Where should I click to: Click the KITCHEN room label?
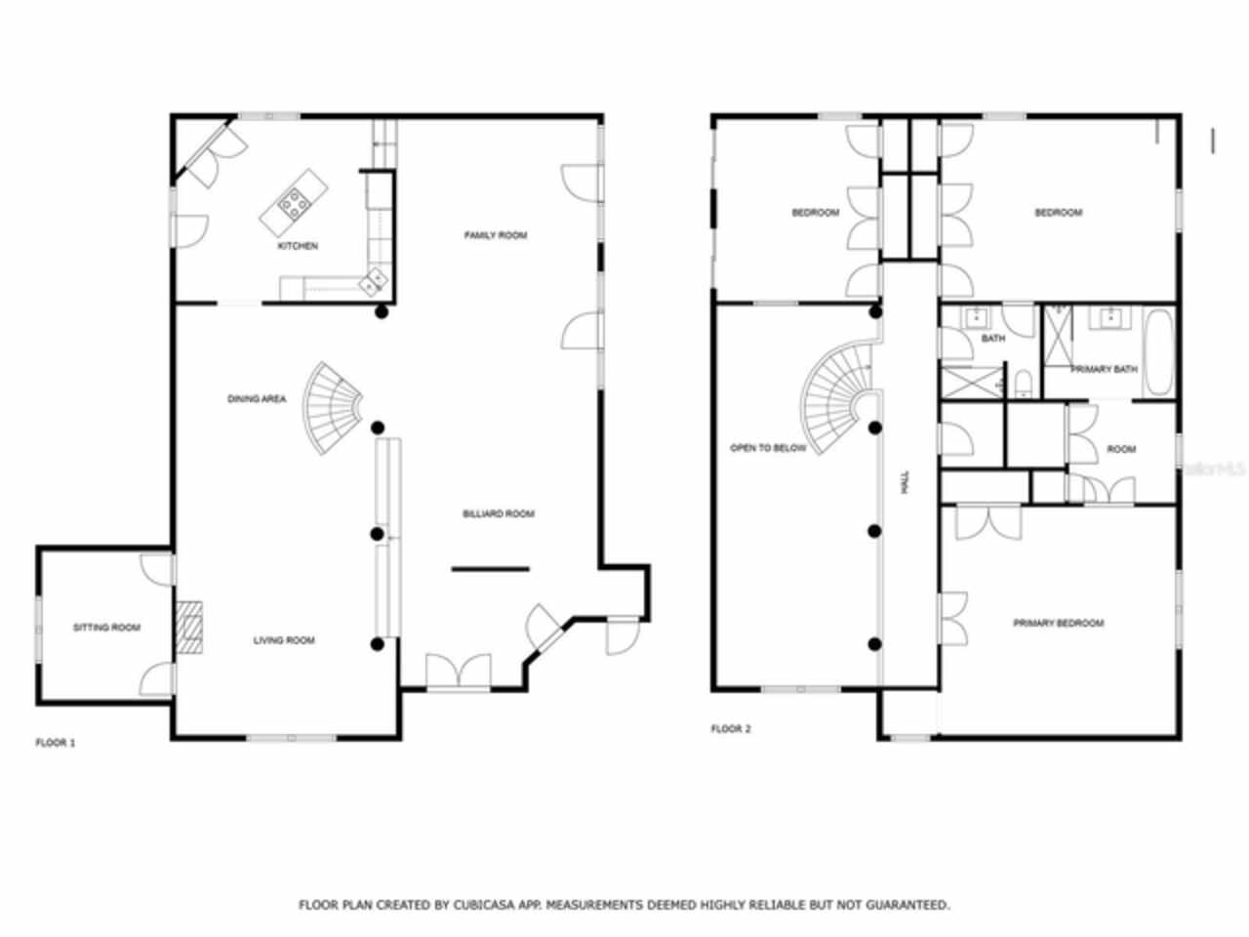pyautogui.click(x=298, y=246)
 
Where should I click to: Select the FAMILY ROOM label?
pyautogui.click(x=495, y=235)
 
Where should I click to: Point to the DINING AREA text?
pyautogui.click(x=257, y=398)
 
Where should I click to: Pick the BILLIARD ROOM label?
pyautogui.click(x=498, y=513)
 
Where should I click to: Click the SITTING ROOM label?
pyautogui.click(x=106, y=628)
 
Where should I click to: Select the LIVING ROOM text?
pyautogui.click(x=284, y=640)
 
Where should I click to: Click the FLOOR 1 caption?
pyautogui.click(x=56, y=743)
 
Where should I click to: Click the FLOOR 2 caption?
pyautogui.click(x=731, y=729)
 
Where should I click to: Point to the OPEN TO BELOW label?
pyautogui.click(x=768, y=448)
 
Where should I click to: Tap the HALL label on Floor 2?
pyautogui.click(x=906, y=480)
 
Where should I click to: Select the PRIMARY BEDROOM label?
pyautogui.click(x=1058, y=623)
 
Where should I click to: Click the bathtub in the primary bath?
pyautogui.click(x=1159, y=353)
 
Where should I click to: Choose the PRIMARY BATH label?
pyautogui.click(x=1104, y=370)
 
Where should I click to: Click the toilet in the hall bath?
pyautogui.click(x=1022, y=383)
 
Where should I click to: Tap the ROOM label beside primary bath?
pyautogui.click(x=1121, y=449)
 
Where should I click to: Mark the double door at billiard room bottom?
pyautogui.click(x=459, y=673)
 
